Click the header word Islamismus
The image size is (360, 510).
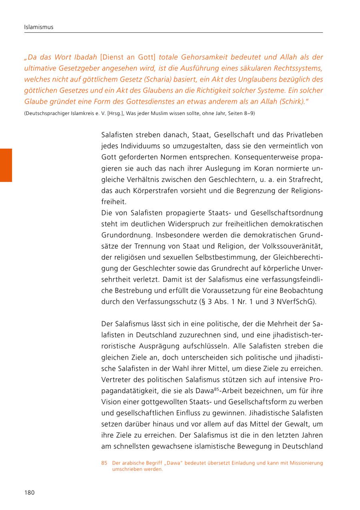click(38, 27)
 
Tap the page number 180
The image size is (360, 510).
click(30, 492)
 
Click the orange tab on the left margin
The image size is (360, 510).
click(6, 165)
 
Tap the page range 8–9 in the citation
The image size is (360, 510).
click(248, 114)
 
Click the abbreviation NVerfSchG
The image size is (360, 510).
click(295, 301)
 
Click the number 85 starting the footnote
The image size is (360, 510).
click(104, 463)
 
